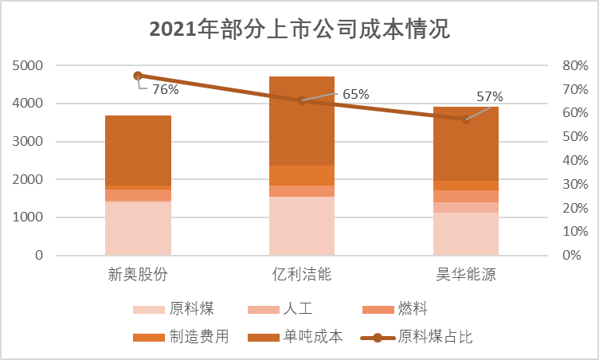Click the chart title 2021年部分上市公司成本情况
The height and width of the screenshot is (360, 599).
pos(299,29)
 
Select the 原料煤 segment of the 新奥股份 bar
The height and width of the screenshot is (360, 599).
pos(138,229)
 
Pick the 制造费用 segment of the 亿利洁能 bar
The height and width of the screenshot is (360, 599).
pos(301,175)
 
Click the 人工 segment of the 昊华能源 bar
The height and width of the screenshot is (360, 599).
pos(465,207)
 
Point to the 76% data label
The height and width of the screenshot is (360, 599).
pos(165,90)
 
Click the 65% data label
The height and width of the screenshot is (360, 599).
pos(356,94)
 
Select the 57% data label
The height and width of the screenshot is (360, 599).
pos(490,97)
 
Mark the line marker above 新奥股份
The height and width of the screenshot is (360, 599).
pos(138,76)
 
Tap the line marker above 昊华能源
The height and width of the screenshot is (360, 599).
pos(465,119)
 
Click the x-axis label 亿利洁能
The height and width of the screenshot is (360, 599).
pos(301,276)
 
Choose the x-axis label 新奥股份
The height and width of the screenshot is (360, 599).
pos(138,276)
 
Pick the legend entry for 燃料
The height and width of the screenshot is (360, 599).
pos(398,308)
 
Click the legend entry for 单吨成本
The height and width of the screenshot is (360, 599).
pos(303,336)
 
